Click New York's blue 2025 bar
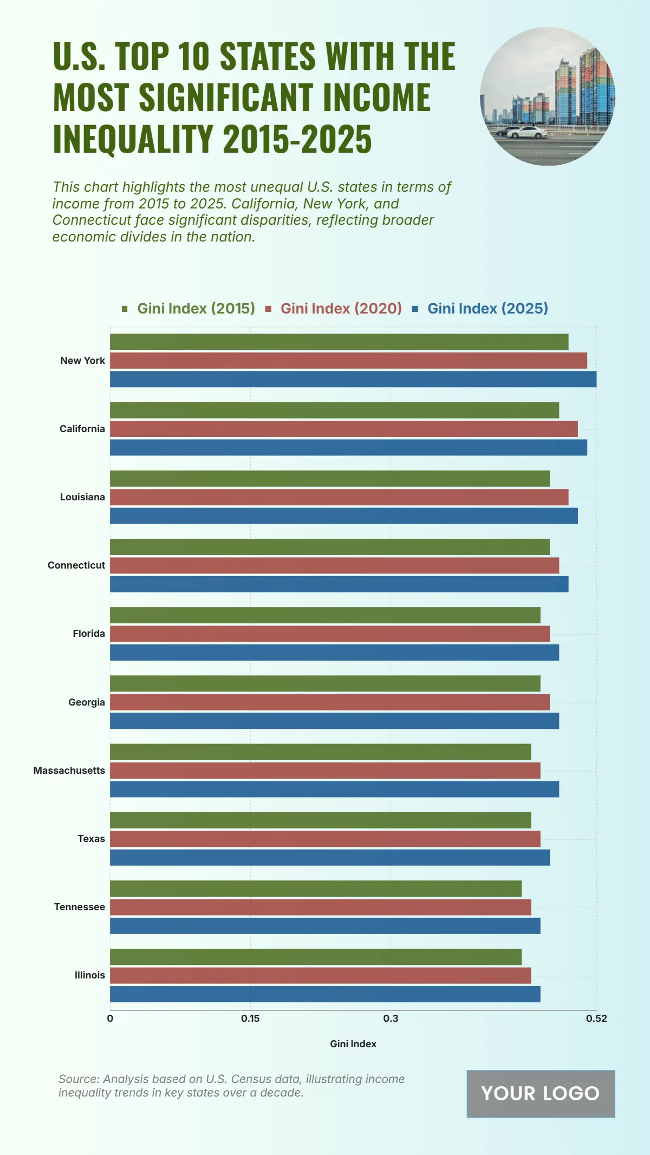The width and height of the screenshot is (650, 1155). coord(353,379)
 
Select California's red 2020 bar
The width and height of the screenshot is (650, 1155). coord(343,429)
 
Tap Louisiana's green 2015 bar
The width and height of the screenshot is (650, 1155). coord(329,479)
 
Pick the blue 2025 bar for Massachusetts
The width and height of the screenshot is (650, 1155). coord(334,789)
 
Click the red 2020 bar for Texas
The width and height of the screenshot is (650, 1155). coord(325,839)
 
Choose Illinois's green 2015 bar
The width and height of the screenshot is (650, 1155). coord(315,957)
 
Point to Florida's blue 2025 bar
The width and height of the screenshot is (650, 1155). coord(334,652)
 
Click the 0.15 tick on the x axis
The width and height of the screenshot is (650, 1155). coord(250,1019)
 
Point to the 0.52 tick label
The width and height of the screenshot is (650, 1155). coord(596,1019)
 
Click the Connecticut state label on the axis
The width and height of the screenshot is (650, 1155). coord(76,565)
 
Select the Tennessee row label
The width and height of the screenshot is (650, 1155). coord(80,907)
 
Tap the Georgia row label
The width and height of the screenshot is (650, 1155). coord(87,702)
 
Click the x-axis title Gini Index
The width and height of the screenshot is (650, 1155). coord(353,1044)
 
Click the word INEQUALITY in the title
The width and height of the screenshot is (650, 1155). coord(133,139)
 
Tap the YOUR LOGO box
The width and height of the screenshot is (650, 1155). coord(541,1094)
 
